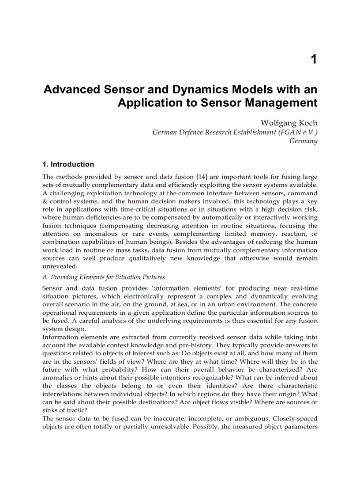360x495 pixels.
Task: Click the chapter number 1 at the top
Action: pos(314,60)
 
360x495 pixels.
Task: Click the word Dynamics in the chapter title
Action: pos(195,89)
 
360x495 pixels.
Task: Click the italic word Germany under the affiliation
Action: pos(303,141)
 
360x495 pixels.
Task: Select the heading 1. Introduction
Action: pos(68,164)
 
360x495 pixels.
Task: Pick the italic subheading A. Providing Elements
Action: pos(103,277)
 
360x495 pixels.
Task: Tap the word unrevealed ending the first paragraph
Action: pos(60,266)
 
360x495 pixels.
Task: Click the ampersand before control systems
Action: pos(45,201)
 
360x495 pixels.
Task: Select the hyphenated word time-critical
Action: pos(145,209)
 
